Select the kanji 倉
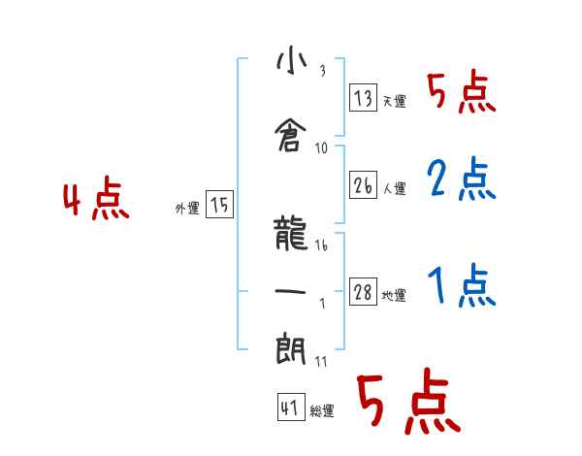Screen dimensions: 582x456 click(291, 135)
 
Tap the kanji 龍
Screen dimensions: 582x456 click(290, 233)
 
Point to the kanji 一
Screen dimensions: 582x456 click(290, 291)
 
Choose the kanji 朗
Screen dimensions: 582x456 click(291, 348)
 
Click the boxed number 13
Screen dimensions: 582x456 click(363, 97)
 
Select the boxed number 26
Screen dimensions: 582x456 click(363, 184)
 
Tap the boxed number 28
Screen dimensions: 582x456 click(363, 291)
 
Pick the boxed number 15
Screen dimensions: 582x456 click(219, 204)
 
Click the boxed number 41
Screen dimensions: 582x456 click(291, 407)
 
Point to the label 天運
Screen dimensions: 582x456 click(394, 101)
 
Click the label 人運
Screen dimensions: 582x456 click(394, 188)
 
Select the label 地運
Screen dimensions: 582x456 click(394, 295)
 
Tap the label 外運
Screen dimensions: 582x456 click(187, 209)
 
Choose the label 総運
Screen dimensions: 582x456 click(322, 410)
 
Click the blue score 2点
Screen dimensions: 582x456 click(462, 179)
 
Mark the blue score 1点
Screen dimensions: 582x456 click(462, 285)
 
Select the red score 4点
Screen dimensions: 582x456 click(96, 198)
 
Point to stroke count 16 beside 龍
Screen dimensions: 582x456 click(321, 245)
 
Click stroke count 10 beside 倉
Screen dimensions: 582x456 click(321, 148)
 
